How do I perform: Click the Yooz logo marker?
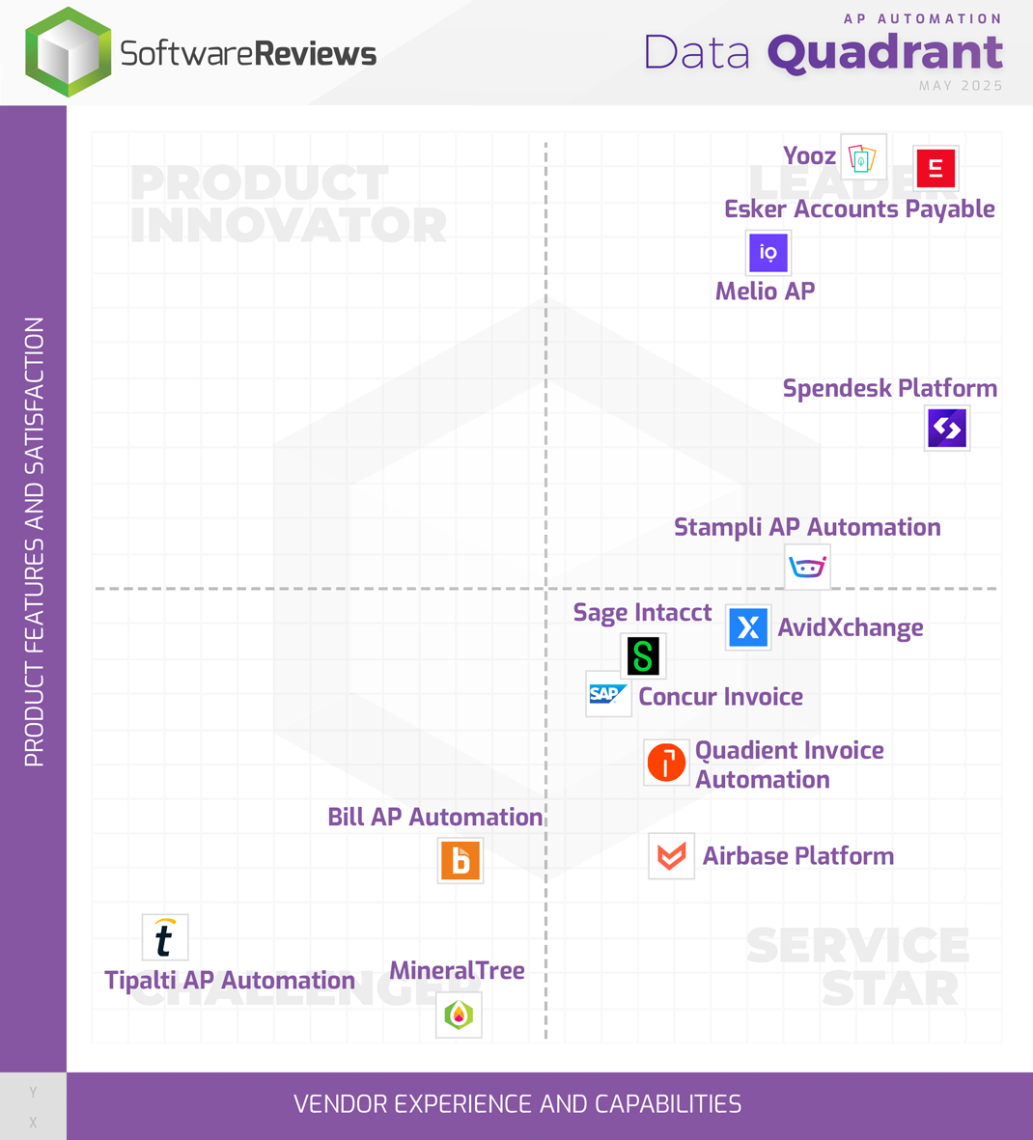tap(863, 157)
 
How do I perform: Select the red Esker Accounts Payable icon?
tap(935, 169)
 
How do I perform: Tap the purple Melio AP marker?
tap(768, 253)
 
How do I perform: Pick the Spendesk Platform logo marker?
tap(947, 429)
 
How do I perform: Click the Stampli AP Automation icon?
tap(807, 567)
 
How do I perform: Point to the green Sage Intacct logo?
tap(643, 656)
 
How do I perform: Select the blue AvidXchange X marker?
tap(748, 627)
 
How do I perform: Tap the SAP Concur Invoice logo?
tap(608, 694)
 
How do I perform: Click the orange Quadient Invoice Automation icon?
tap(666, 763)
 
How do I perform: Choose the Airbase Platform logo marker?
tap(671, 856)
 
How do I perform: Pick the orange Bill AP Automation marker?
tap(461, 860)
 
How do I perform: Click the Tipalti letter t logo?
tap(165, 937)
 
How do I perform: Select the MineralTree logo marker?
tap(459, 1015)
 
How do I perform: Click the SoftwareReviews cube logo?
tap(68, 52)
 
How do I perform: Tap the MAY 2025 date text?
tap(961, 86)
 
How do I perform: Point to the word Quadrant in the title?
tap(885, 53)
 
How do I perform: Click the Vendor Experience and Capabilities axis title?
tap(517, 1104)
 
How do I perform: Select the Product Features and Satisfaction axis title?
tap(35, 542)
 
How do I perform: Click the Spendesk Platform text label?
tap(889, 388)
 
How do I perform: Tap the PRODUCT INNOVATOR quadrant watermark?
tap(288, 205)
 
